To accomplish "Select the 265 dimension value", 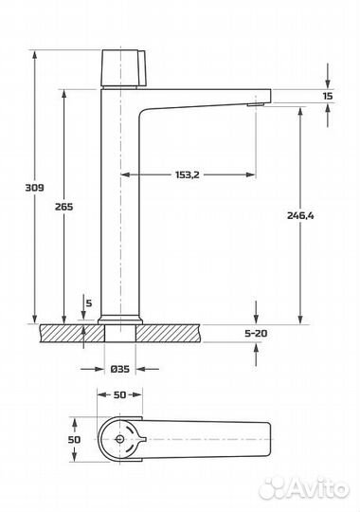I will [x=64, y=206].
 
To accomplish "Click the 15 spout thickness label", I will [x=327, y=96].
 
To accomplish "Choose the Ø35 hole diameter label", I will [x=119, y=370].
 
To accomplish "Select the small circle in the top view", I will [x=119, y=440].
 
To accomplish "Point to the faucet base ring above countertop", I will [x=119, y=319].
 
